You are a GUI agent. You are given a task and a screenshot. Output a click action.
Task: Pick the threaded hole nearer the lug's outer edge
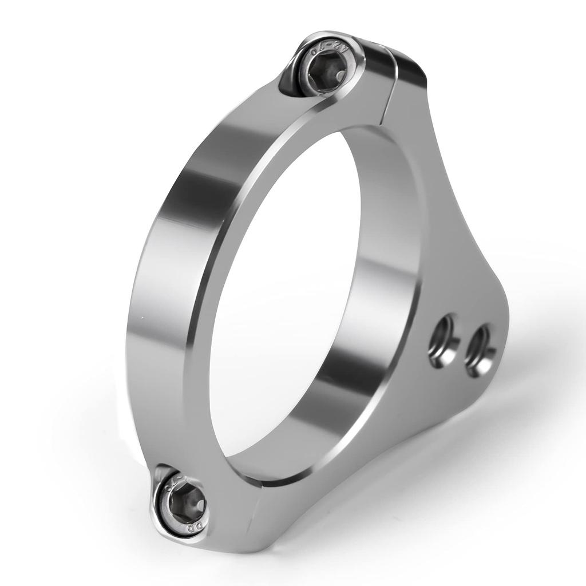[x=480, y=350]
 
